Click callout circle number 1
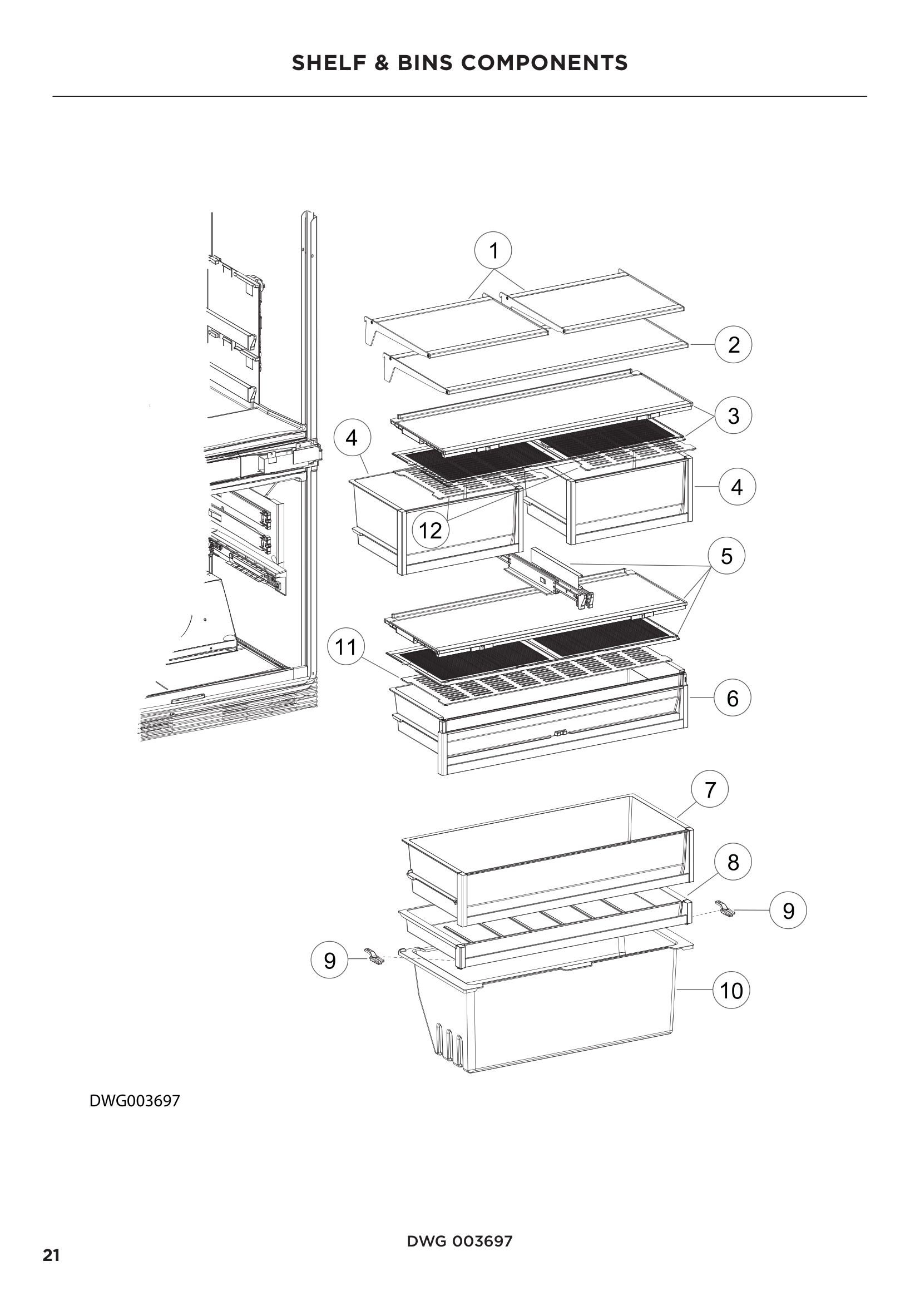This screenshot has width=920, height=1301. (493, 250)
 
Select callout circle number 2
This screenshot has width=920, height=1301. (733, 344)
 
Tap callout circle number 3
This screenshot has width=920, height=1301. (733, 415)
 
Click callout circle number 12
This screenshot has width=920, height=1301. (430, 531)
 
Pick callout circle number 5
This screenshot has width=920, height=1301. (726, 556)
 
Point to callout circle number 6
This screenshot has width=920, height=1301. (732, 698)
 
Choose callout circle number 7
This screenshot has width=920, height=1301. (710, 789)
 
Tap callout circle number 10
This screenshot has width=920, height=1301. (731, 991)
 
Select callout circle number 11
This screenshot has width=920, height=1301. (346, 646)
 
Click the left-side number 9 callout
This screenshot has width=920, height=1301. (330, 961)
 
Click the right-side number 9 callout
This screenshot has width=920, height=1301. (788, 911)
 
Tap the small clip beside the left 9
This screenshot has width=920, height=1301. (374, 957)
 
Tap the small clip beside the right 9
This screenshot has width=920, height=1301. (726, 908)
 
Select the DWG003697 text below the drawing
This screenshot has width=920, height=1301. (135, 1100)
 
